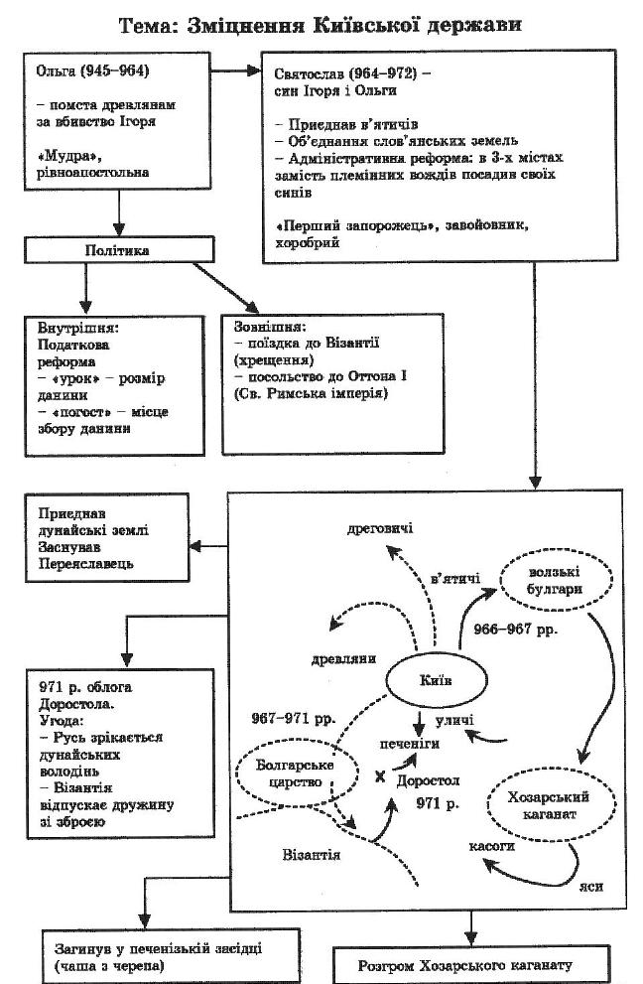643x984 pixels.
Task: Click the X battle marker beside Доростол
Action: click(x=379, y=776)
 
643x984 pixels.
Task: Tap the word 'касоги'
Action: click(x=491, y=847)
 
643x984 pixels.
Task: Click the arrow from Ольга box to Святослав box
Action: click(x=237, y=71)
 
